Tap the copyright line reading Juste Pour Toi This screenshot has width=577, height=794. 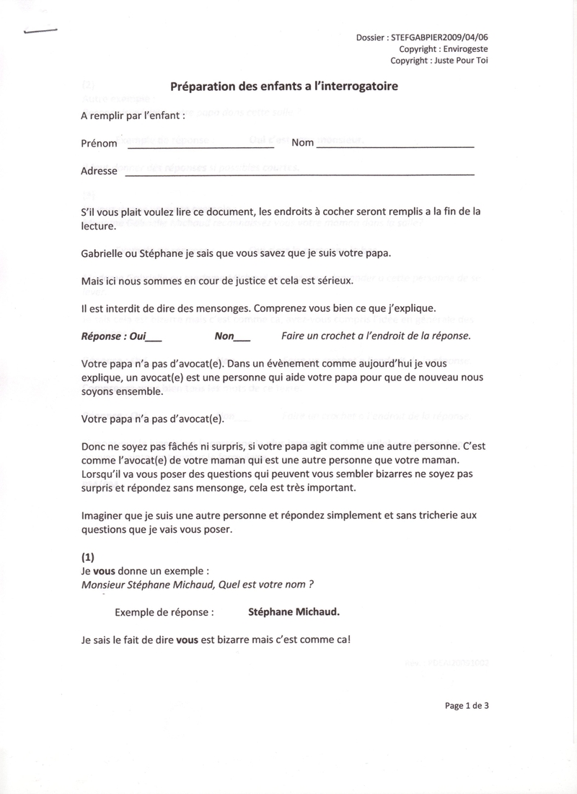(459, 61)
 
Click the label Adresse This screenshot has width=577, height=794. (99, 172)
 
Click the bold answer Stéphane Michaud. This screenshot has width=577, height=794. (294, 611)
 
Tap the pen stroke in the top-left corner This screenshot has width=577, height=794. (40, 30)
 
